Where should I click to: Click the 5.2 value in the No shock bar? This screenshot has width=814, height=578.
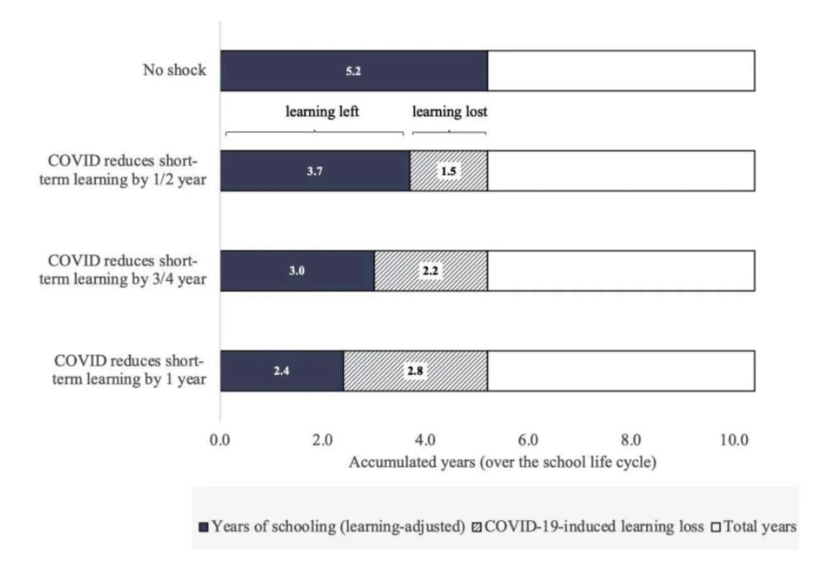(x=353, y=72)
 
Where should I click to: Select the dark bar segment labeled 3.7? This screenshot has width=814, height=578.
(x=315, y=171)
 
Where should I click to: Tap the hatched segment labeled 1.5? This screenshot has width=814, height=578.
(x=448, y=171)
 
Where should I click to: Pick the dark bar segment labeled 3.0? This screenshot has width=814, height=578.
(x=297, y=271)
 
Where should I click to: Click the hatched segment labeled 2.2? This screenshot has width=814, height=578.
(x=430, y=271)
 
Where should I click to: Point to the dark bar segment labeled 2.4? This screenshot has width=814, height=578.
(x=281, y=371)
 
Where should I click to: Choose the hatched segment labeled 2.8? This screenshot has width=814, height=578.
(x=416, y=371)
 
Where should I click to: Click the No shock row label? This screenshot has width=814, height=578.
(x=175, y=70)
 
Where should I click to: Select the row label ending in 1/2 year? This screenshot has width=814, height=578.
(x=123, y=171)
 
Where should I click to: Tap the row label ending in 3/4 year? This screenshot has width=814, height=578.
(x=123, y=271)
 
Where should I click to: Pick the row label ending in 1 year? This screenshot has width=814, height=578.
(x=123, y=371)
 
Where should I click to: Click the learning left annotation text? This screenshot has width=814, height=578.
(x=322, y=112)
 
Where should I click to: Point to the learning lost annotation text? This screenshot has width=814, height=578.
(x=450, y=112)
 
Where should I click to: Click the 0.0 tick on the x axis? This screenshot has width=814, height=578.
(x=221, y=441)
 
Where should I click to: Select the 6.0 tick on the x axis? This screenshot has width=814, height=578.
(x=528, y=441)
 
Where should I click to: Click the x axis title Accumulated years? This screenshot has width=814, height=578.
(x=502, y=462)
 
